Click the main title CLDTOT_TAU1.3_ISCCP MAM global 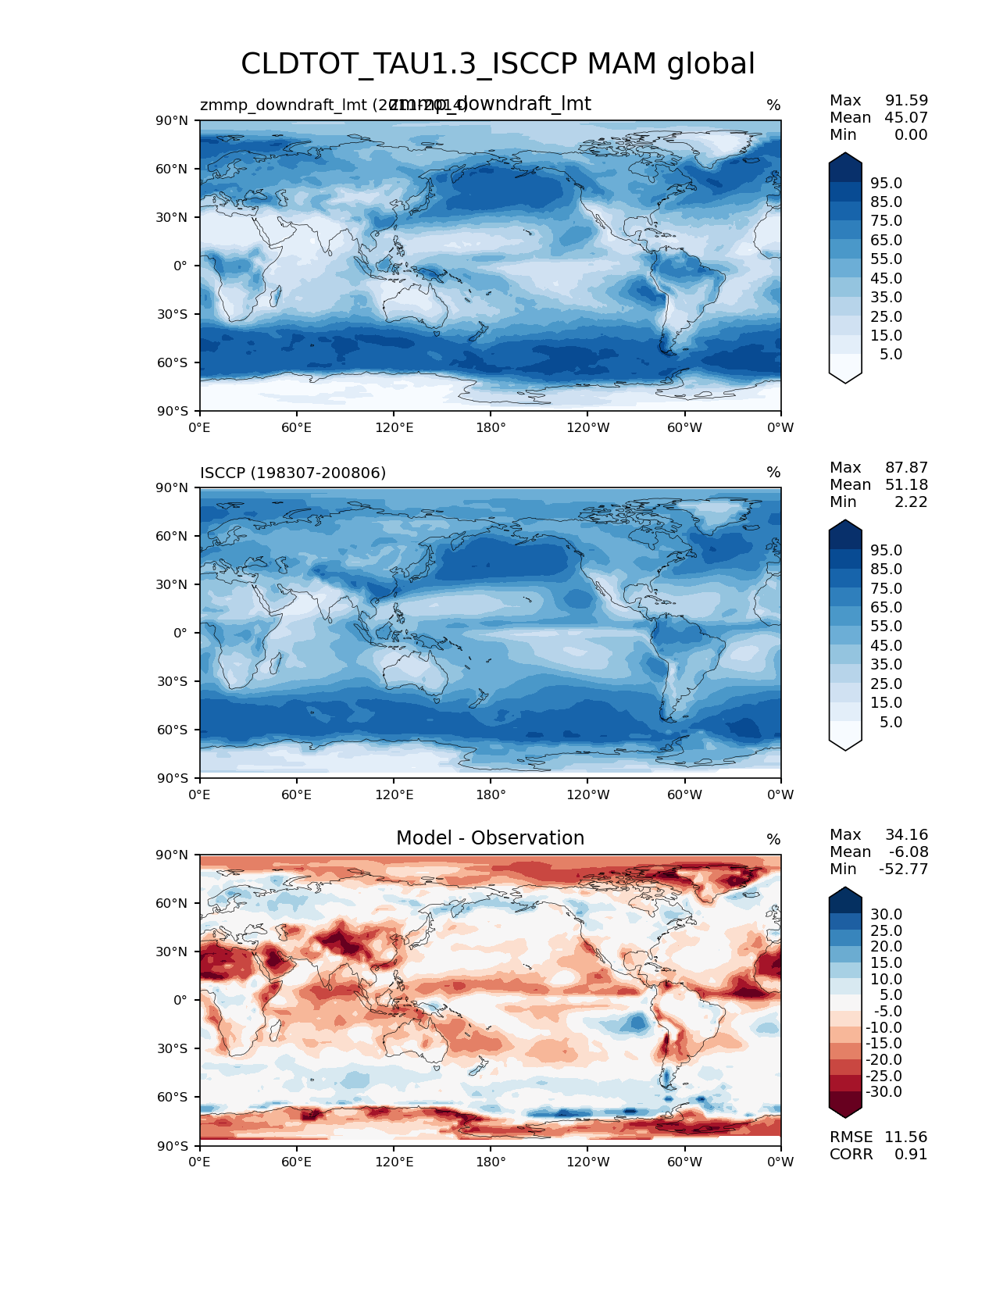pos(498,64)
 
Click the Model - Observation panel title pos(490,838)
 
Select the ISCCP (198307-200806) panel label pos(293,473)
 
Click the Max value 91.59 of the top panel pos(906,100)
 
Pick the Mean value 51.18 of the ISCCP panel pos(906,484)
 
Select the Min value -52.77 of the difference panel pos(903,869)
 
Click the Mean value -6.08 pos(908,852)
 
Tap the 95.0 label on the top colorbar pos(886,183)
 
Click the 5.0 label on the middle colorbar pos(891,722)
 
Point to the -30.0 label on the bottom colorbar pos(884,1091)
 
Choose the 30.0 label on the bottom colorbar pos(886,914)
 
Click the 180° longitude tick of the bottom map pos(491,1162)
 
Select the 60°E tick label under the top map pos(296,427)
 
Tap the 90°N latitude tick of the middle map pos(173,487)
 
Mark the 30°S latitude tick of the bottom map pos(173,1048)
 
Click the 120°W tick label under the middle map pos(588,794)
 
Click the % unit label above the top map pos(773,105)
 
